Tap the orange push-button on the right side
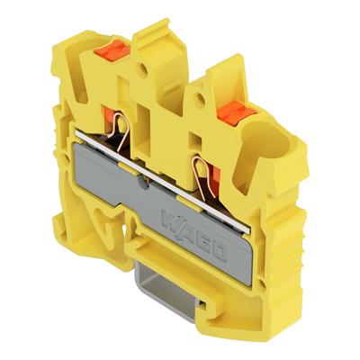click(237, 113)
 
